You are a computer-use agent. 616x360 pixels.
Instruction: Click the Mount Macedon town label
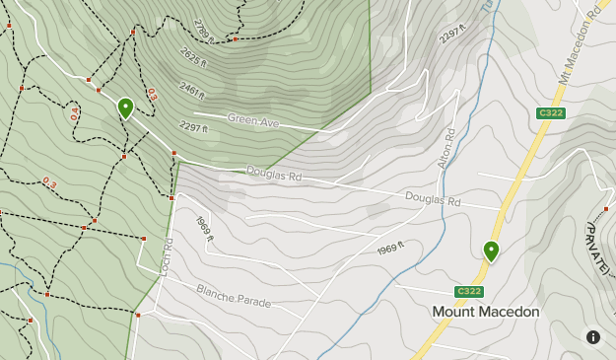pyautogui.click(x=486, y=312)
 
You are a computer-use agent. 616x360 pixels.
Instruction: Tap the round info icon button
pyautogui.click(x=593, y=337)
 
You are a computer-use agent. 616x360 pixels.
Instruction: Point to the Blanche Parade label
pyautogui.click(x=234, y=295)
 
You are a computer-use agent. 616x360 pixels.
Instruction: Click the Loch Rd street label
pyautogui.click(x=167, y=255)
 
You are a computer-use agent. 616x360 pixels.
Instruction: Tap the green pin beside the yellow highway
pyautogui.click(x=491, y=251)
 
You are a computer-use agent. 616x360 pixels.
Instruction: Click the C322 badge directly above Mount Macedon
pyautogui.click(x=469, y=291)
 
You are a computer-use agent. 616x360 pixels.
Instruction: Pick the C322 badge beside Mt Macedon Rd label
pyautogui.click(x=550, y=113)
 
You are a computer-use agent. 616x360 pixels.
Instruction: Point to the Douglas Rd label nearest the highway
pyautogui.click(x=433, y=199)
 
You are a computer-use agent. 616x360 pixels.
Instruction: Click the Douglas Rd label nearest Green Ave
pyautogui.click(x=273, y=174)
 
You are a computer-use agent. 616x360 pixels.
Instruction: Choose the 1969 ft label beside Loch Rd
pyautogui.click(x=204, y=234)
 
